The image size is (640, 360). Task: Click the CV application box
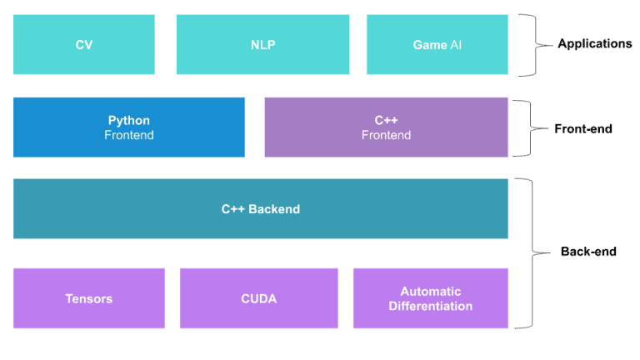(84, 44)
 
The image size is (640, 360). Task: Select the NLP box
(262, 44)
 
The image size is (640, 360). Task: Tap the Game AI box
(437, 44)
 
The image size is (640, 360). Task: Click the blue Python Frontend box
(129, 127)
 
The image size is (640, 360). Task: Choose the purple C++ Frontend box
(386, 127)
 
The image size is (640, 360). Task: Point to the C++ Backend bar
(261, 208)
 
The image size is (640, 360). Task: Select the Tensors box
(89, 298)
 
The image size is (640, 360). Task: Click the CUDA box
(259, 298)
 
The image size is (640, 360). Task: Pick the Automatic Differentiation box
(431, 298)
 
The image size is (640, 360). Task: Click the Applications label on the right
(595, 43)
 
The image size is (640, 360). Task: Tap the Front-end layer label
(582, 129)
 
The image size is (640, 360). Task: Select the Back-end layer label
(588, 252)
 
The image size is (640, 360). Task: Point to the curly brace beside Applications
(536, 45)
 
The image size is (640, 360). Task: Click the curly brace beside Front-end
(530, 128)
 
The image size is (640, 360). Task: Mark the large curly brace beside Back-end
(532, 253)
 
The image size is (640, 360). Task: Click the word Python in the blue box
(129, 120)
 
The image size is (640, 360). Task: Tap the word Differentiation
(431, 306)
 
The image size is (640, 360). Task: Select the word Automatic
(431, 292)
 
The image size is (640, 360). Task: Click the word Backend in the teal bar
(274, 209)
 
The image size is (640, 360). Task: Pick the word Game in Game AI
(430, 45)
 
